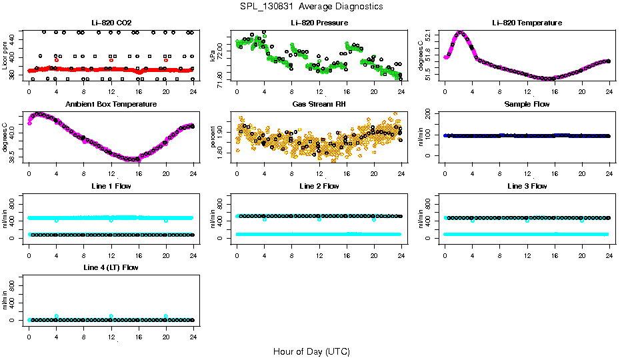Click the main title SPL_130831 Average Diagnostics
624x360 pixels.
tap(312, 6)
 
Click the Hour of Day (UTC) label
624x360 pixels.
tap(311, 351)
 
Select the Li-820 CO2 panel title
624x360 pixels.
tap(111, 23)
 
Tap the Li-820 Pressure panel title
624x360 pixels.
tap(319, 23)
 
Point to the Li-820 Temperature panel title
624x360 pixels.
tap(527, 23)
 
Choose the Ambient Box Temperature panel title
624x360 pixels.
tap(111, 104)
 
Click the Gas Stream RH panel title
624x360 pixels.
tap(319, 104)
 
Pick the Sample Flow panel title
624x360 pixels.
tap(527, 104)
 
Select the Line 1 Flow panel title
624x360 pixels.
tap(111, 186)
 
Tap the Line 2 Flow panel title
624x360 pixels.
tap(319, 186)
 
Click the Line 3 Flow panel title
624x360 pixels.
tap(527, 186)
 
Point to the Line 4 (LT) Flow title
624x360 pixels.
tap(111, 267)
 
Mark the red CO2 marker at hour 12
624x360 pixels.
tap(111, 60)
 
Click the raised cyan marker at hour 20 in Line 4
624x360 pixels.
tap(166, 316)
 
